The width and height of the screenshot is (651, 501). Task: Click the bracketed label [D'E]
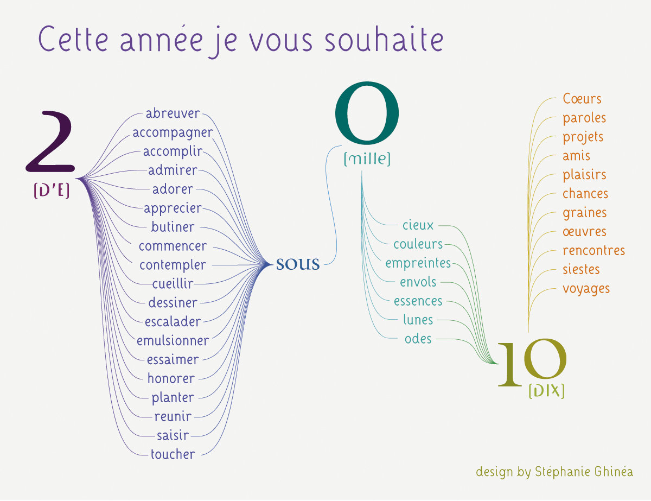(52, 191)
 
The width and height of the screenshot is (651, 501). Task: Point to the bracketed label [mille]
(367, 159)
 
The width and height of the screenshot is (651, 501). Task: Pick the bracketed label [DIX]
(546, 391)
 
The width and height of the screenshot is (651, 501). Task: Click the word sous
(298, 264)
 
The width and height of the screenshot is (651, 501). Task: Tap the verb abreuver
(173, 113)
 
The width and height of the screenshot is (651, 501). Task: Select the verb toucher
(173, 454)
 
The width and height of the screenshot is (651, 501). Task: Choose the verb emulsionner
(173, 340)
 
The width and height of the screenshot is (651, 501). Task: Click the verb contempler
(173, 265)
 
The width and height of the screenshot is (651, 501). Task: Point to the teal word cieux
(418, 225)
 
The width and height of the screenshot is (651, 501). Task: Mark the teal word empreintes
(418, 263)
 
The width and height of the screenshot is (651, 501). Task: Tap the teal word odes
(418, 339)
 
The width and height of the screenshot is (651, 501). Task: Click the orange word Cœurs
(582, 99)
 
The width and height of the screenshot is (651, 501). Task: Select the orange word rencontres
(593, 250)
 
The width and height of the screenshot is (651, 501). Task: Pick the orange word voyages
(586, 288)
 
